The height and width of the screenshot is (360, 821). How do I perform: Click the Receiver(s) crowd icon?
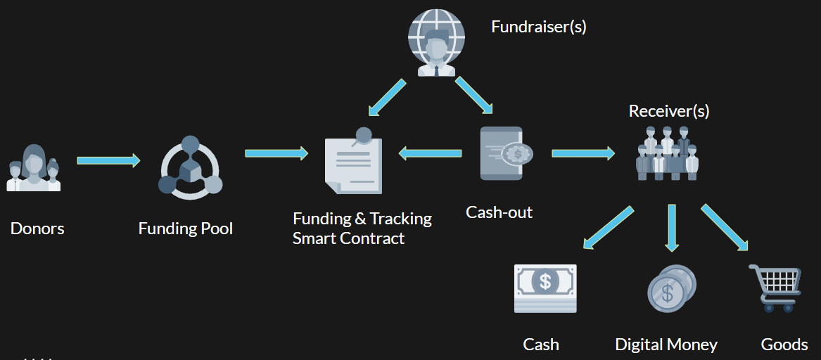coord(667,153)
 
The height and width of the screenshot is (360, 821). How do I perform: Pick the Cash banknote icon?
coord(545,288)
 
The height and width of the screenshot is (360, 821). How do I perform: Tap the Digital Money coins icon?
coord(671,288)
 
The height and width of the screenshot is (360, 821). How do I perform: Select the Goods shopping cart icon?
coord(775,288)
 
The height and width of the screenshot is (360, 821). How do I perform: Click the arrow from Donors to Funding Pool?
coord(108,161)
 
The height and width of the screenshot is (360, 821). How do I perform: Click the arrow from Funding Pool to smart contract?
coord(276,153)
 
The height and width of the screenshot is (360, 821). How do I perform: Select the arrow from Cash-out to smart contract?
coord(430,153)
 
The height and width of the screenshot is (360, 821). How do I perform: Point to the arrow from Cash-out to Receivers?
coord(583,153)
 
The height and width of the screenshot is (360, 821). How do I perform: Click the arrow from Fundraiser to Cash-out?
coord(473,95)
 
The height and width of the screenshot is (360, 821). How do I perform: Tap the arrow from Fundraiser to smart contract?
coord(388,98)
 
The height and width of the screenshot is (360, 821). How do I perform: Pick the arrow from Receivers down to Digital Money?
coord(672,227)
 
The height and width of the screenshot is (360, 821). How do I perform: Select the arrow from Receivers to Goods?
coord(725,227)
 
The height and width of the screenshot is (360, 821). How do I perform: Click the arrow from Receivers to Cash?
coord(609,228)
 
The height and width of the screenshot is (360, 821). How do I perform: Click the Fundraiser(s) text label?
coord(538,27)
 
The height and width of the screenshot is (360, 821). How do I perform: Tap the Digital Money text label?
coord(666,345)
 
